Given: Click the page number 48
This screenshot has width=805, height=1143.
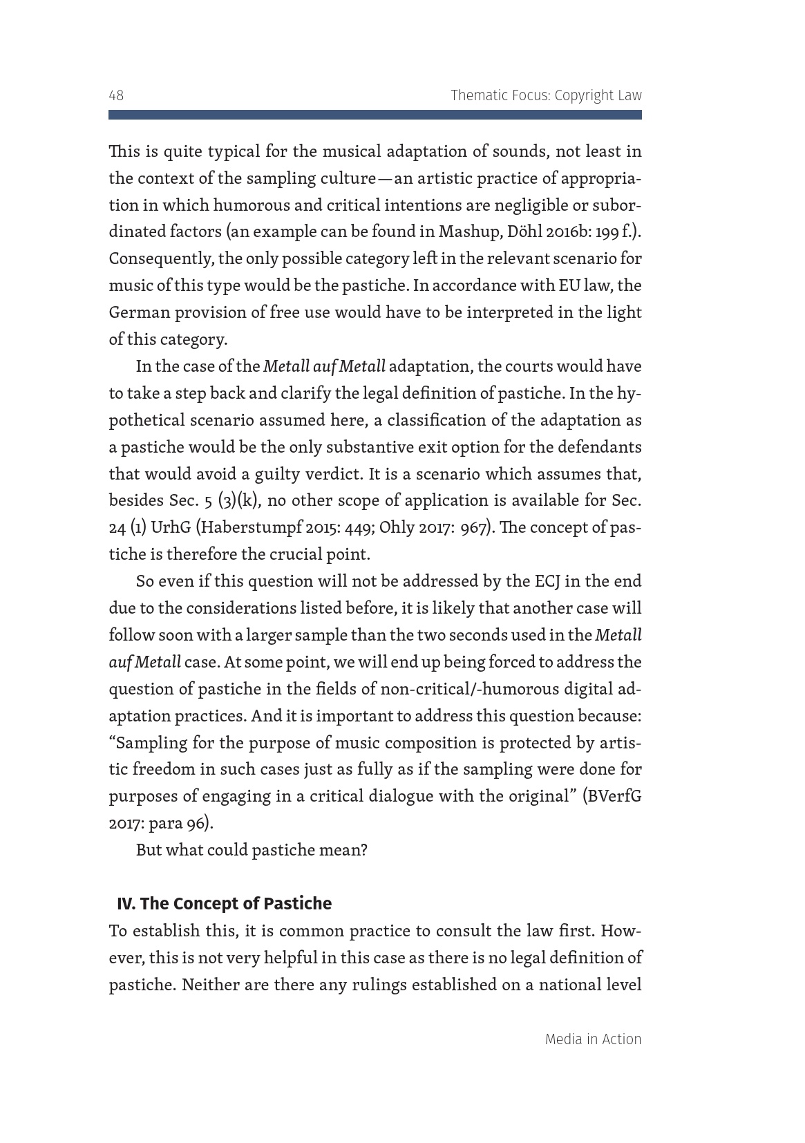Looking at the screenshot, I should point(116,95).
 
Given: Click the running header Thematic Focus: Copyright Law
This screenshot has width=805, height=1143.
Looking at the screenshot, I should point(546,95).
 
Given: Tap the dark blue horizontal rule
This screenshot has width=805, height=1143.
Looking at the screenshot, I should point(375,115).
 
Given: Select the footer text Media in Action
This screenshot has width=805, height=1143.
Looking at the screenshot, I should point(593,1039).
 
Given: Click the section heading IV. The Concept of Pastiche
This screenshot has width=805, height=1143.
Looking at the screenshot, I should point(224,903).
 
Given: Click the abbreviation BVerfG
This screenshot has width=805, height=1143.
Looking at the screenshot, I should point(613,796).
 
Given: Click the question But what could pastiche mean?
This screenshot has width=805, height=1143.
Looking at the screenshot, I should point(252,850).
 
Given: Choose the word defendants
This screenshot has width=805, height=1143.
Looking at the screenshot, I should point(600,447).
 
